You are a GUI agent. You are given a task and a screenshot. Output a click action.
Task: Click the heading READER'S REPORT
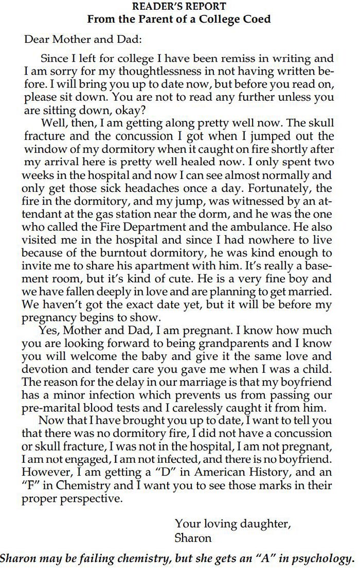(x=179, y=7)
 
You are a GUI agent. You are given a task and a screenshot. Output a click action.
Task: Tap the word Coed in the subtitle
(x=255, y=19)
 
